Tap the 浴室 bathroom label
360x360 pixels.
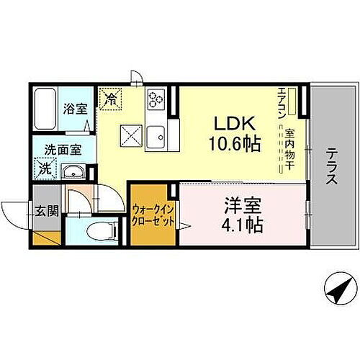click(x=74, y=110)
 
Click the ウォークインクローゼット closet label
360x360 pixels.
click(x=153, y=215)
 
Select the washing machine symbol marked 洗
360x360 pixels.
click(x=45, y=170)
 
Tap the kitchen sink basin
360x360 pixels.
click(x=157, y=135)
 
